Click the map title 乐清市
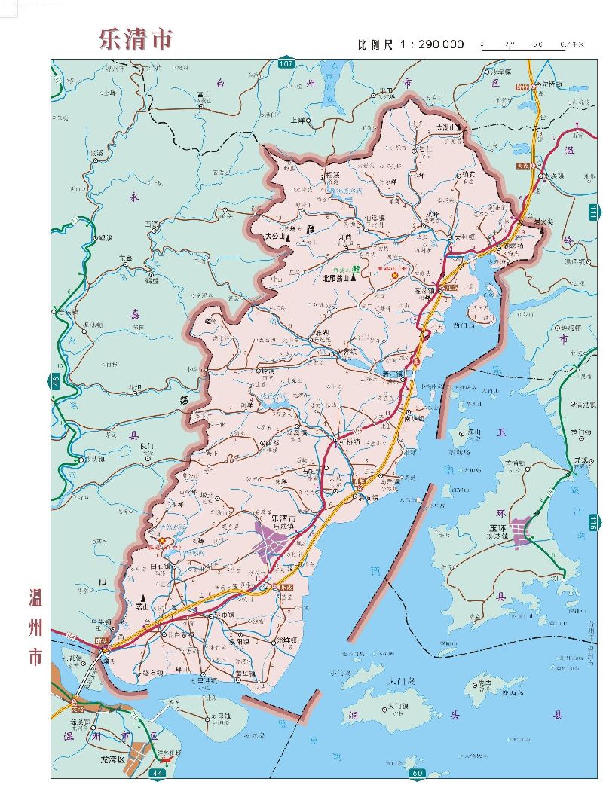click(136, 38)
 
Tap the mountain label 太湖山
click(449, 128)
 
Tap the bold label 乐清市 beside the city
click(277, 519)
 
